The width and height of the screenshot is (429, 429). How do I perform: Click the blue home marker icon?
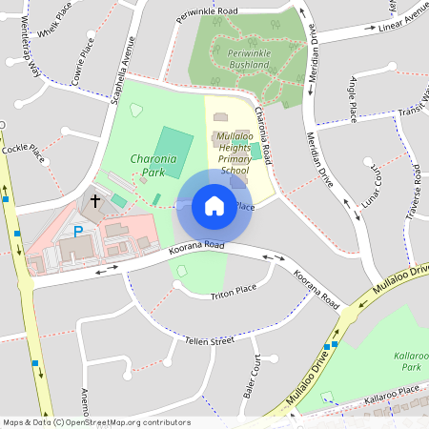pyautogui.click(x=214, y=206)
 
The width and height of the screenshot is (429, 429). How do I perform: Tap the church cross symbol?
pyautogui.click(x=95, y=201)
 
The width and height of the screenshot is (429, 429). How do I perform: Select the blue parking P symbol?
pyautogui.click(x=79, y=231)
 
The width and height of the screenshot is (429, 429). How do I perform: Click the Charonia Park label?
pyautogui.click(x=153, y=167)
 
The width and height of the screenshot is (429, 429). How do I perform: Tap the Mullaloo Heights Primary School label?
pyautogui.click(x=235, y=153)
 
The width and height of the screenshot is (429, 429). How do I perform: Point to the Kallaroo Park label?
pyautogui.click(x=407, y=361)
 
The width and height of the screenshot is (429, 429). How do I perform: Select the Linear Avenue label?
pyautogui.click(x=404, y=16)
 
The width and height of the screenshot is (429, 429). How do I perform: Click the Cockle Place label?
pyautogui.click(x=23, y=150)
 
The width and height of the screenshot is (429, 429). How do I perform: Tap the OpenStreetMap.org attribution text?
pyautogui.click(x=127, y=422)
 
